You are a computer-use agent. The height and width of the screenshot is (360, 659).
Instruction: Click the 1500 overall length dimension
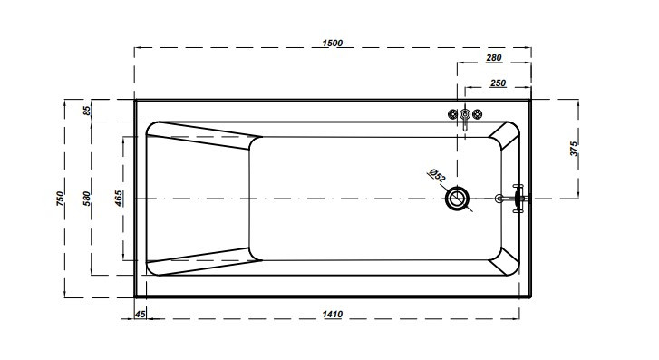click(x=333, y=43)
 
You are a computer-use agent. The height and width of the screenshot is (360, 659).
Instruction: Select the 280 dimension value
click(x=494, y=58)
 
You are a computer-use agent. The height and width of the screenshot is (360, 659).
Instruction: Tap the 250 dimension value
click(x=498, y=83)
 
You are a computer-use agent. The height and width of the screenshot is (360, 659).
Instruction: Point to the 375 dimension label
click(x=574, y=149)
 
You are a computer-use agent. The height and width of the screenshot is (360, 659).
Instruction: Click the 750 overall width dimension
click(x=60, y=199)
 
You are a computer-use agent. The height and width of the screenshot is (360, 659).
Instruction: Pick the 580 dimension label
click(x=87, y=199)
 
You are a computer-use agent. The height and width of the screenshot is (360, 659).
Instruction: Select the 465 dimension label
click(x=119, y=199)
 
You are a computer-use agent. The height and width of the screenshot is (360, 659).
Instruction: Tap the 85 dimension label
click(x=87, y=111)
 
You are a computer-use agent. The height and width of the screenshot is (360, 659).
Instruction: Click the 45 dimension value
click(x=140, y=314)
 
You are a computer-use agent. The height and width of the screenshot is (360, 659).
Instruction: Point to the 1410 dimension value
click(x=333, y=314)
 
